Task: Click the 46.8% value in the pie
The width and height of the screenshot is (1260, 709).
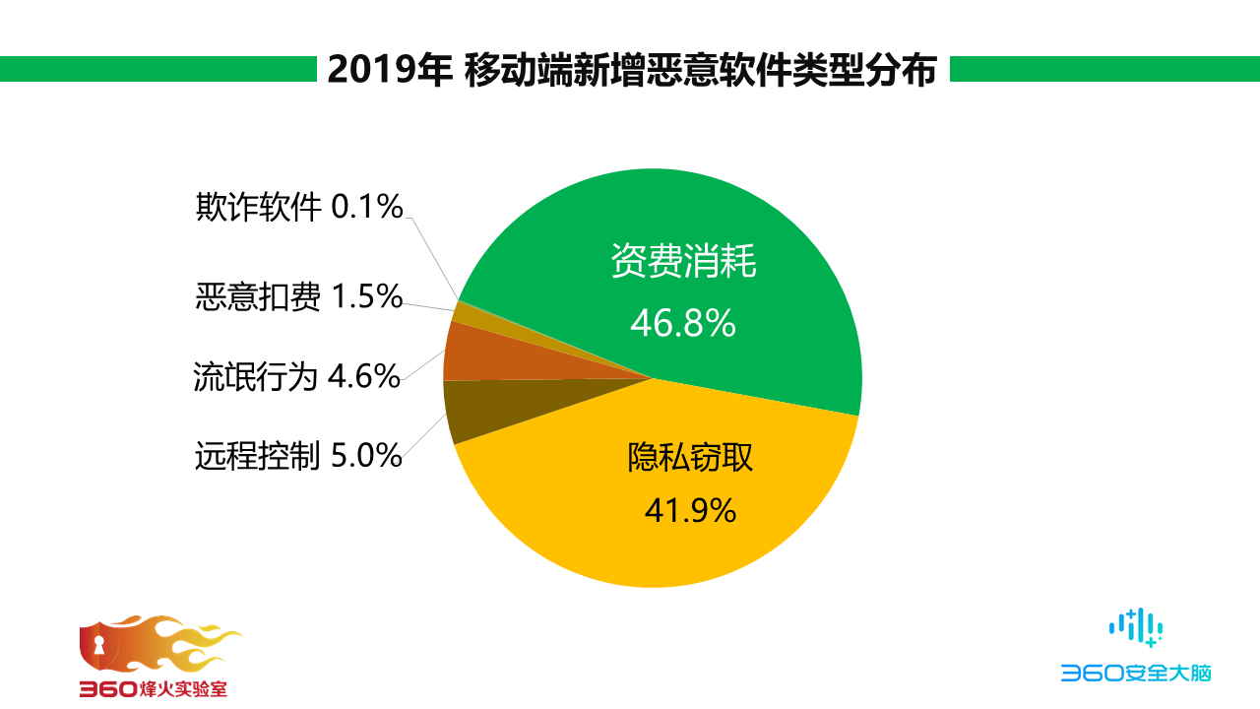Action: pos(683,323)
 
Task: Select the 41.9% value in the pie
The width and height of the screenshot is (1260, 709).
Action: pos(689,510)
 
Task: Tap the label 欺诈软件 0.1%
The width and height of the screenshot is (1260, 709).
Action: pos(299,207)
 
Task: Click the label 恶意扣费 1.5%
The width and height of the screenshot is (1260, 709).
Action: pos(299,296)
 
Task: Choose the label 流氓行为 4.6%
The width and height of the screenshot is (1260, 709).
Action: pos(297,376)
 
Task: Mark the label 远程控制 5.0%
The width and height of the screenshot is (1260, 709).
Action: pos(298,455)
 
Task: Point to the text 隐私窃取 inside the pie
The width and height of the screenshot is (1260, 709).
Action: pos(689,457)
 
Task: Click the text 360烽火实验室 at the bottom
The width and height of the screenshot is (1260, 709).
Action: pos(153,688)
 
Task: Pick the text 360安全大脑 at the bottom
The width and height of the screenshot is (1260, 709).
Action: pos(1135,674)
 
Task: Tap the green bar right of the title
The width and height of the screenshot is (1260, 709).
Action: pos(1102,69)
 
